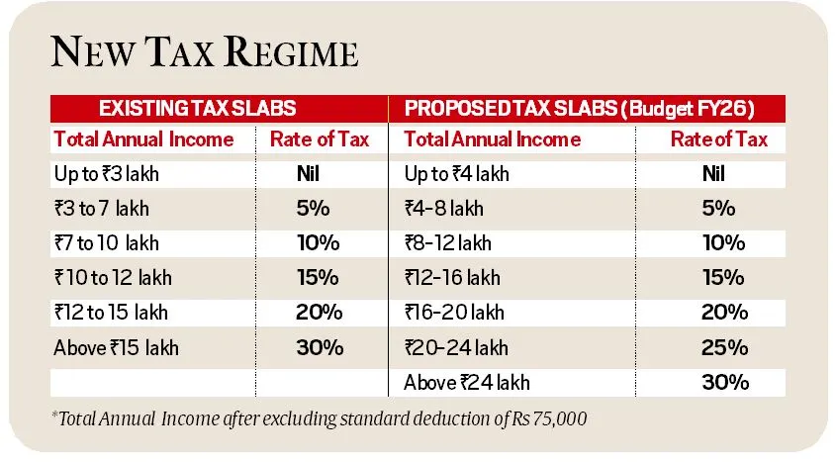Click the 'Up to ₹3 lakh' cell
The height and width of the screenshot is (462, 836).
click(106, 174)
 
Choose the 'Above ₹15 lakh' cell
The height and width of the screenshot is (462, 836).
click(117, 347)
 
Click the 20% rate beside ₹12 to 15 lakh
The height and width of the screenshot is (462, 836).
click(319, 313)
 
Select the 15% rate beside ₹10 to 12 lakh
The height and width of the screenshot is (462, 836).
click(319, 278)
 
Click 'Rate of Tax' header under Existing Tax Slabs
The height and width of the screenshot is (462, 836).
click(319, 139)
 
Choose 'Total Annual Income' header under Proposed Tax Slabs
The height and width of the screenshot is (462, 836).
click(493, 139)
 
